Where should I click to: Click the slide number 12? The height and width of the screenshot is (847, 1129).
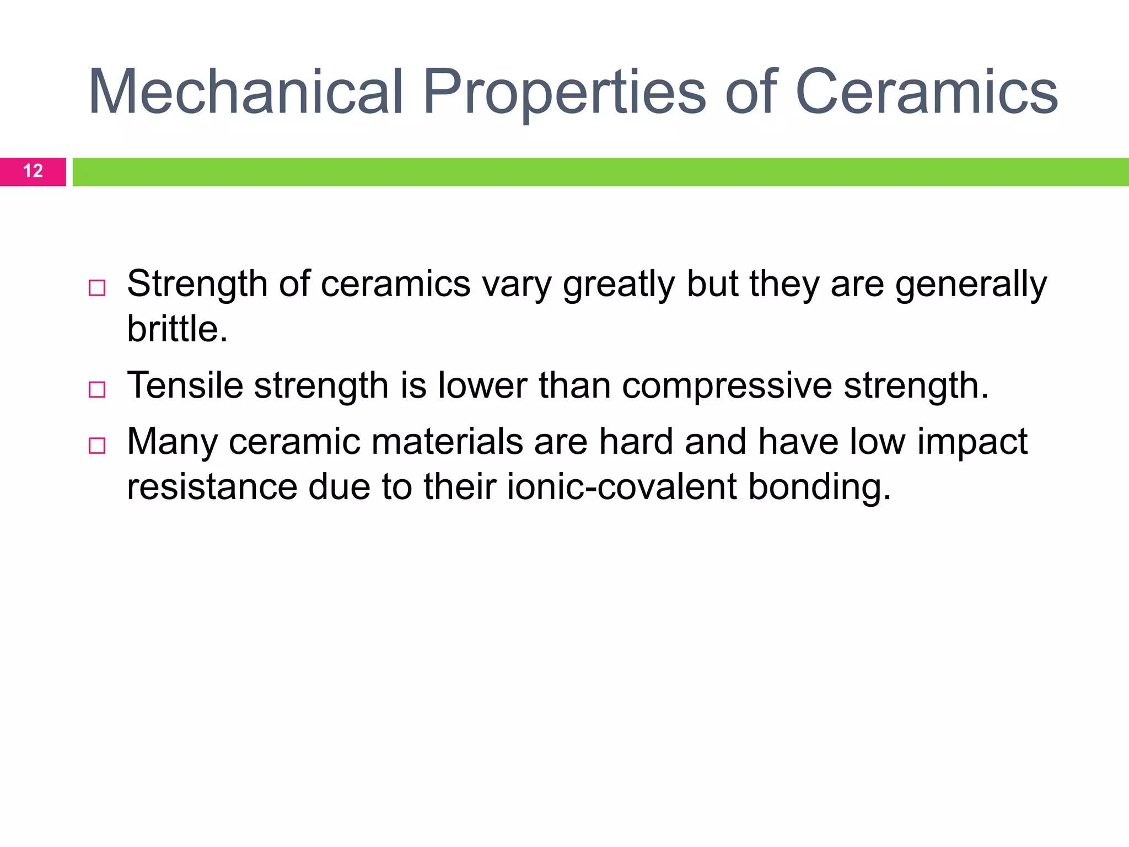click(33, 171)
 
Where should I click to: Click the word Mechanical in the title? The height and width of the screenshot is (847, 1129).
click(246, 92)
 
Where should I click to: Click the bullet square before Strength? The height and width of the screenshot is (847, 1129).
click(97, 288)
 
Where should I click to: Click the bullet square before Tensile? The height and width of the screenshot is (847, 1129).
click(97, 390)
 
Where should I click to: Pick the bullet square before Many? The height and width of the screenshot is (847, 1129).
click(97, 446)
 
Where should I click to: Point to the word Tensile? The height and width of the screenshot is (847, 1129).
click(185, 385)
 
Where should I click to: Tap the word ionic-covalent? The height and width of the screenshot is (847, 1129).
click(622, 487)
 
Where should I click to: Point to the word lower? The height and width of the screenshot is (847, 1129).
click(482, 385)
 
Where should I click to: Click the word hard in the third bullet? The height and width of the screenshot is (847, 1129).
click(636, 441)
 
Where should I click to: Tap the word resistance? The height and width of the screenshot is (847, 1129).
click(212, 487)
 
